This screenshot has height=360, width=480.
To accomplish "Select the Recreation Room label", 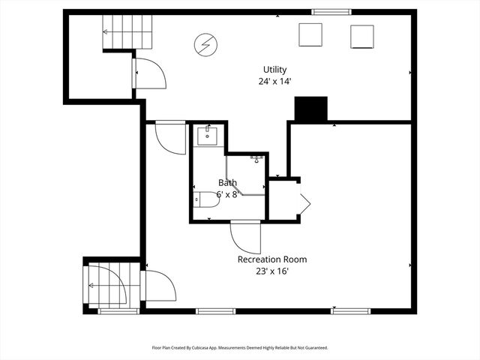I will [271, 259].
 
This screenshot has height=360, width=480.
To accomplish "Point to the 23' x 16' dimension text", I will [271, 271].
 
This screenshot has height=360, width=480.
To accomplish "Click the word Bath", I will [227, 182].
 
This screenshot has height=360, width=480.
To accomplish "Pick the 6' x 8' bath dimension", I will [227, 194].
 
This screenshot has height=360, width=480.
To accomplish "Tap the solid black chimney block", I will [311, 109].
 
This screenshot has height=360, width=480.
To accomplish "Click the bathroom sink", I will [207, 136].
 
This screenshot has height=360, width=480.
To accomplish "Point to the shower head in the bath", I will [256, 159].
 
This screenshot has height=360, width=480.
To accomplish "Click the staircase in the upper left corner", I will [127, 32].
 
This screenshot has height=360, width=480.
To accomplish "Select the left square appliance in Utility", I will [310, 34].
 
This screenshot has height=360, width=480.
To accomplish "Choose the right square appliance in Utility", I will [362, 36].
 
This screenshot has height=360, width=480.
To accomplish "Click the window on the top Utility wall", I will [331, 11].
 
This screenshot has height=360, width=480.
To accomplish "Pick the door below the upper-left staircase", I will [150, 73].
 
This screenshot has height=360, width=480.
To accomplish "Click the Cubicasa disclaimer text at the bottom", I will [240, 348].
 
